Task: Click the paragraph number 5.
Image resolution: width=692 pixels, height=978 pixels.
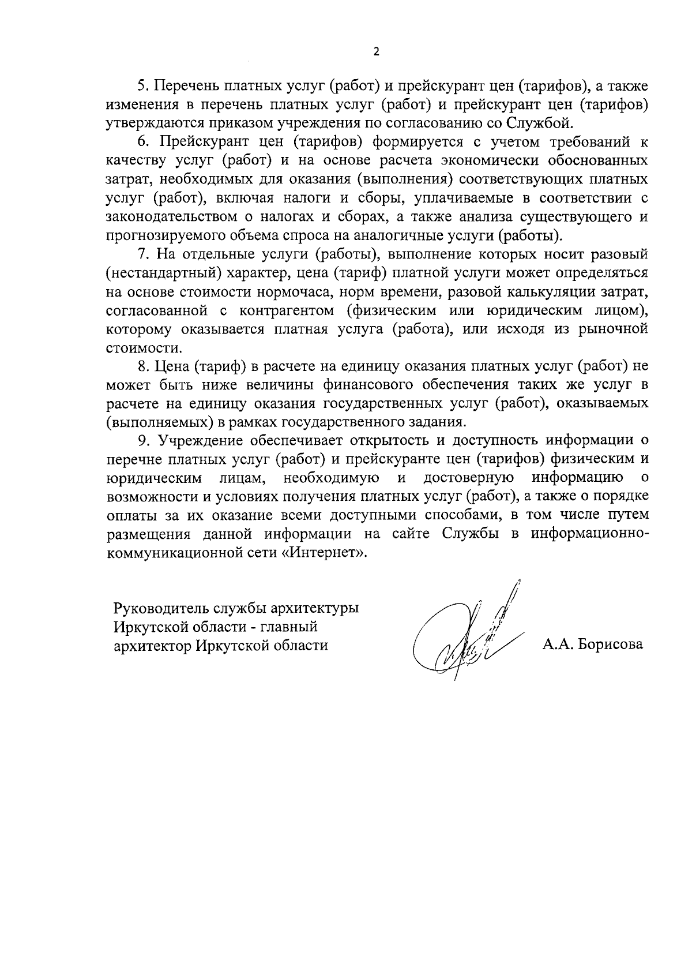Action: click(143, 87)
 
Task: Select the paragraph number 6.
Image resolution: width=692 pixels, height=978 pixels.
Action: click(143, 142)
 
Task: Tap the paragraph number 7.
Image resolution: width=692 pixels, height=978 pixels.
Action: click(143, 254)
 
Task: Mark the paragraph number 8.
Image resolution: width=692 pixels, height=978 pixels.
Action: click(143, 366)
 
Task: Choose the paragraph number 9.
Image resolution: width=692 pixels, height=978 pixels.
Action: click(143, 440)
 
